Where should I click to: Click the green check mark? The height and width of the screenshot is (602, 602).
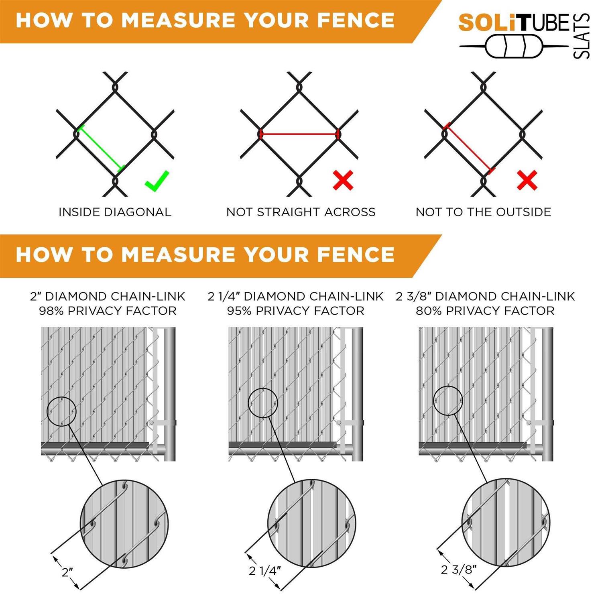157,181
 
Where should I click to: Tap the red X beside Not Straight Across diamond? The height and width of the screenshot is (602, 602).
343,180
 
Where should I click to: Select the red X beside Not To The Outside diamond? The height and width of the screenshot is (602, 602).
527,180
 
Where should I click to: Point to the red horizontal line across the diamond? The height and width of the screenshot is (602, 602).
299,134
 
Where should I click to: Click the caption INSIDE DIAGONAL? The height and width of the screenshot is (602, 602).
115,212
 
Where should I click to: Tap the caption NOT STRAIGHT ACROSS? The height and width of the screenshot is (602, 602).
301,212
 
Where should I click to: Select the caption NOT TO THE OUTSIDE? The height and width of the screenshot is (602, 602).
483,212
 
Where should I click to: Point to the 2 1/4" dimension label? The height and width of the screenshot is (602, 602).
264,570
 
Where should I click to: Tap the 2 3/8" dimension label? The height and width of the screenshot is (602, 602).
458,569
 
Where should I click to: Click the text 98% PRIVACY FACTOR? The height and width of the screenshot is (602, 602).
108,311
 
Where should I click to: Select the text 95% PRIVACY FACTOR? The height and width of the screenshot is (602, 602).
296,311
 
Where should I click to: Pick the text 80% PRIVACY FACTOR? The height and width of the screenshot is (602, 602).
485,311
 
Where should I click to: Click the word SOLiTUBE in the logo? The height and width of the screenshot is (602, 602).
514,23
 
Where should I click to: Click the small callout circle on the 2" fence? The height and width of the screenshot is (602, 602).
61,411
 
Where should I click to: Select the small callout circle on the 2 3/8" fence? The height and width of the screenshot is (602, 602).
448,401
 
